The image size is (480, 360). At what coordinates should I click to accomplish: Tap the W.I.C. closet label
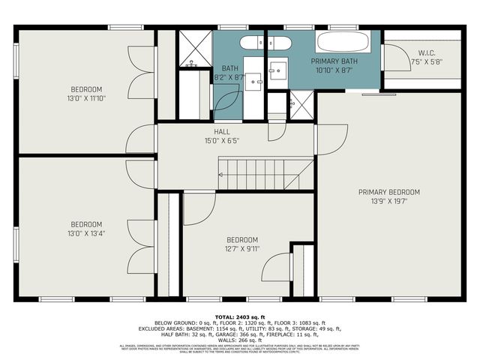point(428,52)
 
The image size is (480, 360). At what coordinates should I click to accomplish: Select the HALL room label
point(222,131)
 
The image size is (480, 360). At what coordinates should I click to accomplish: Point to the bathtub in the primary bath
point(343,41)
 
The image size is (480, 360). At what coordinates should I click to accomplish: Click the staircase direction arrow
point(223,175)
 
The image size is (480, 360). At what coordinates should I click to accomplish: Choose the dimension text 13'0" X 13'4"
point(86,233)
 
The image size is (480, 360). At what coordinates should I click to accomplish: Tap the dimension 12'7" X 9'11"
point(242,249)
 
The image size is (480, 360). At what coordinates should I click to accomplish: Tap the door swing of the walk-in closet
point(391,58)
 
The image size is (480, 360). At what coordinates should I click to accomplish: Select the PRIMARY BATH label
point(334,61)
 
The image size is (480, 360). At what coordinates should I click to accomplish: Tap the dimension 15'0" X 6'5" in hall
point(222,140)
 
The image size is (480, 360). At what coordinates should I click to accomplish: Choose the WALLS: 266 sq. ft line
point(240,340)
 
